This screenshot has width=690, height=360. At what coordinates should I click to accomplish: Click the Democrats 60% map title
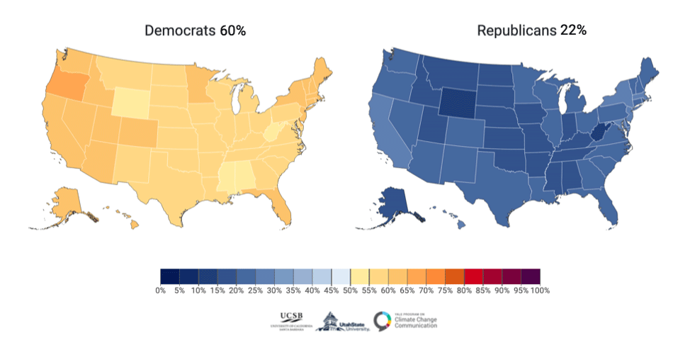pos(195,30)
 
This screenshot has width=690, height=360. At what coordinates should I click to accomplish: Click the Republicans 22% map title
pos(531,30)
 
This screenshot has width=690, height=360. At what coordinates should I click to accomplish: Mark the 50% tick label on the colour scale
pos(349,290)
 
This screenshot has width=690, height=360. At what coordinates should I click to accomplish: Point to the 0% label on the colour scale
pos(160,290)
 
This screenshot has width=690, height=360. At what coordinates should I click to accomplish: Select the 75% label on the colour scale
pos(445,290)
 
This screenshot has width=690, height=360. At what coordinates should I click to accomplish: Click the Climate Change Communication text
pos(416,322)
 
